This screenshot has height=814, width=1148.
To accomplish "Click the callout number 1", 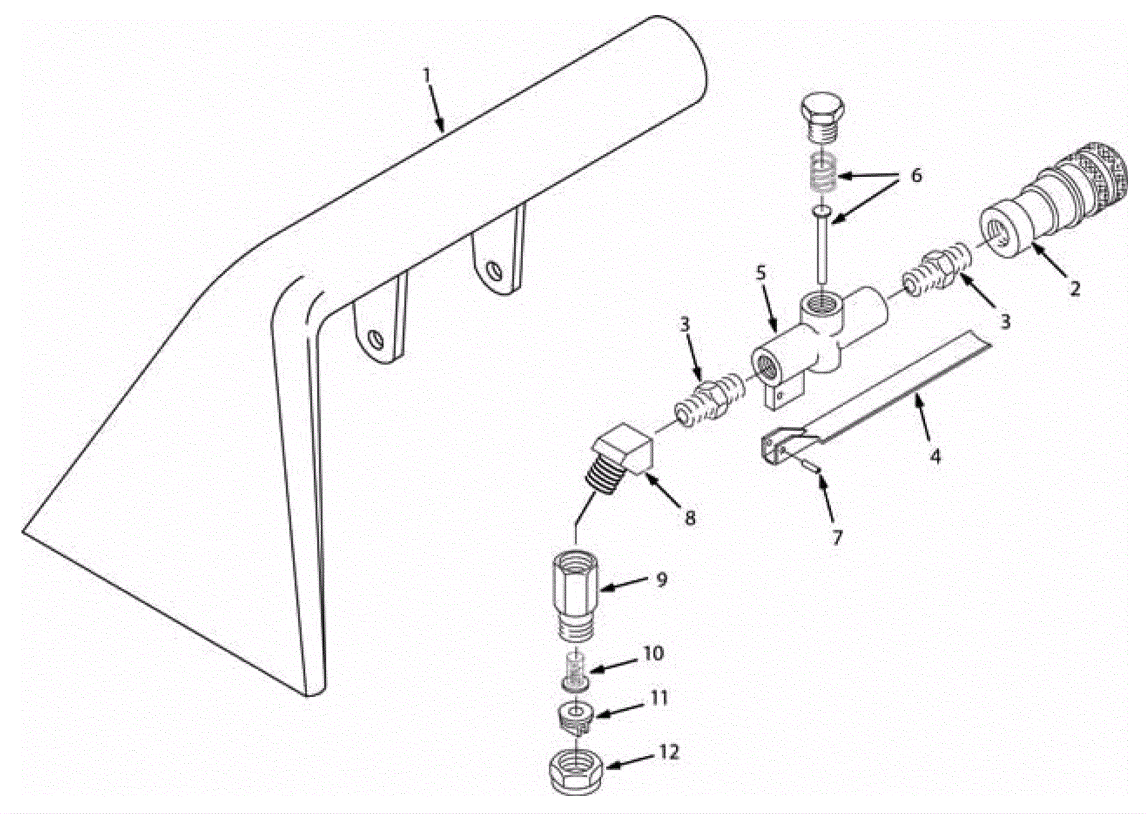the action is (x=426, y=75).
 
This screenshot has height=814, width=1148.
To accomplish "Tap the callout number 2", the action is (x=1075, y=288).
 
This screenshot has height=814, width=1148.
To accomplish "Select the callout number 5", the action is (x=761, y=273).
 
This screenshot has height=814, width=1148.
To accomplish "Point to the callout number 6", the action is (x=916, y=176).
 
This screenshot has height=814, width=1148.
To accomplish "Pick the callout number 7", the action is (x=837, y=537).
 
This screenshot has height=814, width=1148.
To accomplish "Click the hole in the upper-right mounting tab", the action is (x=494, y=269).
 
